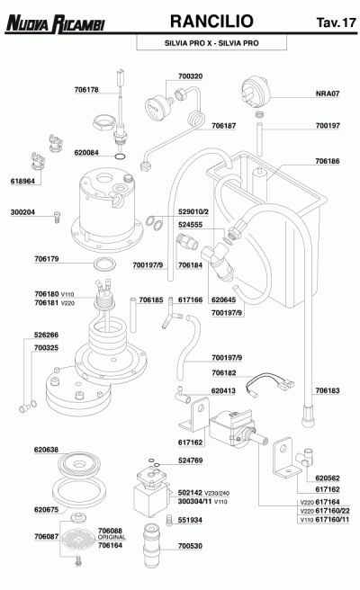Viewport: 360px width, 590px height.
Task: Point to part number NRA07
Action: [328, 93]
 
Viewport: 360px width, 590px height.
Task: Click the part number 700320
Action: [191, 76]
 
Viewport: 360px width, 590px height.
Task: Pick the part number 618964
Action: [22, 181]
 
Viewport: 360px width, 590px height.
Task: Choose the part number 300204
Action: [22, 212]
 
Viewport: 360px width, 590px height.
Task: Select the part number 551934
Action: [190, 520]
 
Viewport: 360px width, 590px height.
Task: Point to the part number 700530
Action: [190, 546]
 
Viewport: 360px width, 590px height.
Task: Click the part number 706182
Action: [224, 371]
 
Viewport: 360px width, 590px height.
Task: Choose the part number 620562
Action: [328, 478]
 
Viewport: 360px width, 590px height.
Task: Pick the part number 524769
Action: [190, 460]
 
